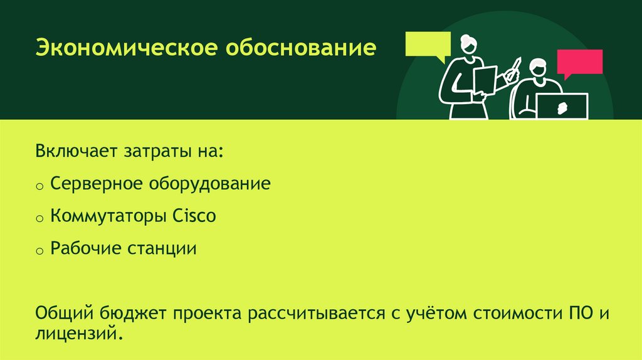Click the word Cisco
click(193, 216)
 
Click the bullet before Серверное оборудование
click(39, 186)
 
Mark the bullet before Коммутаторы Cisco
click(39, 219)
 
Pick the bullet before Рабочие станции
click(39, 251)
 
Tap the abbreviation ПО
click(578, 312)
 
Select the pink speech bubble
click(579, 63)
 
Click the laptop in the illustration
click(562, 105)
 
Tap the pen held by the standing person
click(514, 68)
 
